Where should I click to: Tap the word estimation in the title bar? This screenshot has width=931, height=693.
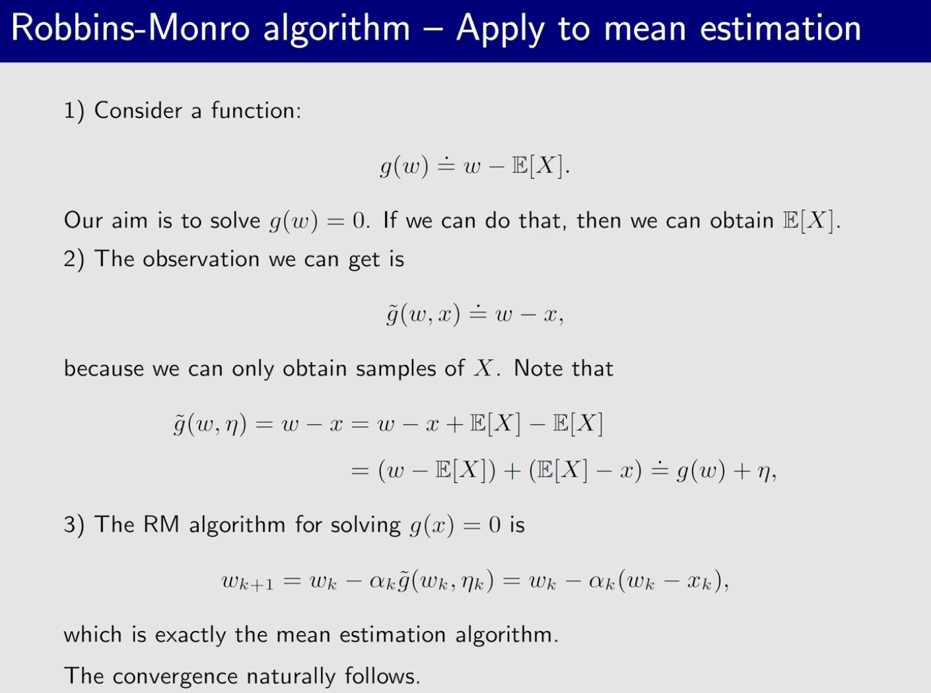coord(780,28)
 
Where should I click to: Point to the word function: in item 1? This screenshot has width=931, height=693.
coord(256,110)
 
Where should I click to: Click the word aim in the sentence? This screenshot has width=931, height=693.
coord(129,220)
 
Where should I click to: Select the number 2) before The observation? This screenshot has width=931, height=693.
coord(74,259)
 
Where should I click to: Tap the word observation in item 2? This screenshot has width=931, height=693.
coord(201,259)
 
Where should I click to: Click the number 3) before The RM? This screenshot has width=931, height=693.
coord(74,525)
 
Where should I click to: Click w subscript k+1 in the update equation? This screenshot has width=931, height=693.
coord(247,583)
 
